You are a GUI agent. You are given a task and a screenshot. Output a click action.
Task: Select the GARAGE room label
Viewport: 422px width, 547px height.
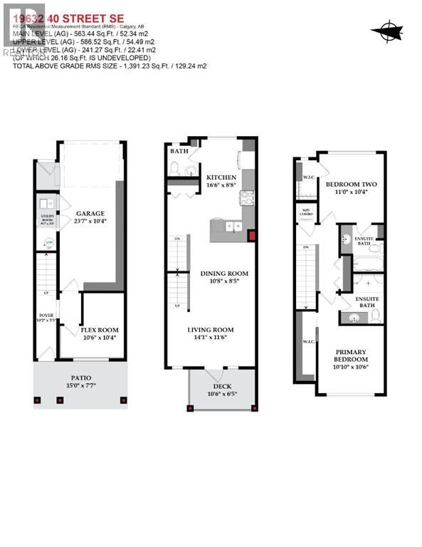(91, 214)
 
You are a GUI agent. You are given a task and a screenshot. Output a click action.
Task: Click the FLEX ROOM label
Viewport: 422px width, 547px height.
(100, 330)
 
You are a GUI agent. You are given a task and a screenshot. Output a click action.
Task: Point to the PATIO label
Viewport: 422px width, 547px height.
(80, 377)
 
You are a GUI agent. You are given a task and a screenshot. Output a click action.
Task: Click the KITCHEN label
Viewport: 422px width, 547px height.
(221, 177)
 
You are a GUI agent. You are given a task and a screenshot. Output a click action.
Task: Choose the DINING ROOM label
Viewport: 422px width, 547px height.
(223, 273)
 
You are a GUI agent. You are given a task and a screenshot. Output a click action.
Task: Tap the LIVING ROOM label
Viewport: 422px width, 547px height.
(211, 330)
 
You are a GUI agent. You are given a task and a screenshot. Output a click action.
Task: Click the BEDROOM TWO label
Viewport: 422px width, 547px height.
(351, 184)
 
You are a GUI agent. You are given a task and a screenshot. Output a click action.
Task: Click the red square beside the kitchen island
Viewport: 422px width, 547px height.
(250, 236)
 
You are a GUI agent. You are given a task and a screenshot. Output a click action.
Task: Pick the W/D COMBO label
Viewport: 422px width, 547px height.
(307, 211)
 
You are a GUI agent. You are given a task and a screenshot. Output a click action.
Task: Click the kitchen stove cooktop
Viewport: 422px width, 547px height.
(246, 197)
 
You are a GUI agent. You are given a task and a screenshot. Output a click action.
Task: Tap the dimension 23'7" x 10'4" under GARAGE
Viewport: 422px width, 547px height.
(91, 222)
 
